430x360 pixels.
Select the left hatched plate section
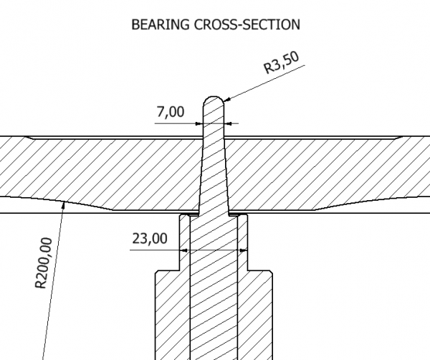100,169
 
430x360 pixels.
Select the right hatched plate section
322,169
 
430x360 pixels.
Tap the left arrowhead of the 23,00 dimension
182,250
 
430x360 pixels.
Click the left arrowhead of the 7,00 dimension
200,123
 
